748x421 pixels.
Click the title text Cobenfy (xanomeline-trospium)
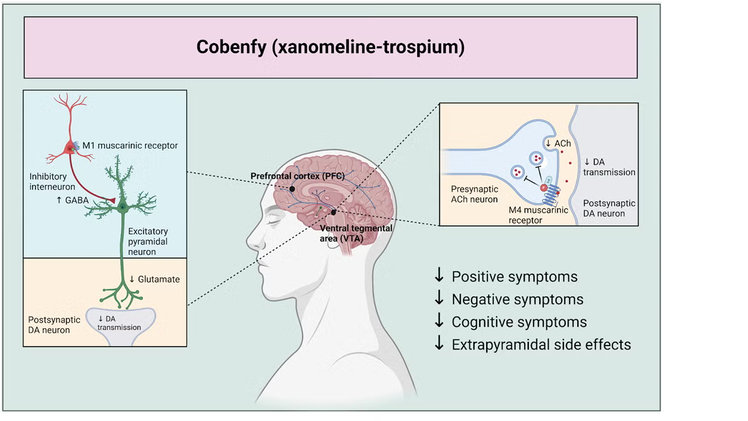[x=330, y=47]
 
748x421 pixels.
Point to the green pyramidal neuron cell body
[x=123, y=206]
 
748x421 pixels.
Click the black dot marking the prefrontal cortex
[x=292, y=189]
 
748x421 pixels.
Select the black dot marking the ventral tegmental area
[x=333, y=212]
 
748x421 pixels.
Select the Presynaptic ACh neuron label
[x=474, y=194]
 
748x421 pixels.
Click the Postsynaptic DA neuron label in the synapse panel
[x=609, y=208]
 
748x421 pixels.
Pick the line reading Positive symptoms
[x=514, y=277]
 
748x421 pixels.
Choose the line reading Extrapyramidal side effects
[x=541, y=344]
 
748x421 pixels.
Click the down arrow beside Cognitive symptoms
[x=439, y=322]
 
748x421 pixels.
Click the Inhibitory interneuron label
[x=52, y=181]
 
